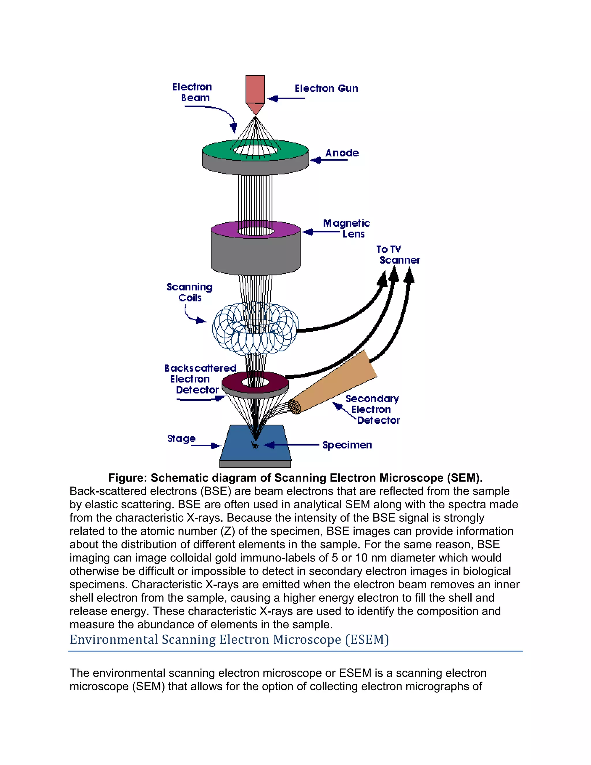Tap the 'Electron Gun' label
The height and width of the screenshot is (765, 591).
(326, 89)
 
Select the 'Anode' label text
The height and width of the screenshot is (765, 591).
(342, 153)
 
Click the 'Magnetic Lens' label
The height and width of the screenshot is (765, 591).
(346, 228)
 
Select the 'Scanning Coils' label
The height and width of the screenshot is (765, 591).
(189, 292)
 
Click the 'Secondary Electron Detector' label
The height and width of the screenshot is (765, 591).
(372, 409)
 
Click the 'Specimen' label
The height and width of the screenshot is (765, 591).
(347, 445)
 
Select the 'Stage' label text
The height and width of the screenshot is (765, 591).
(181, 439)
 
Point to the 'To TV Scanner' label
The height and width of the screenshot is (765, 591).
(398, 255)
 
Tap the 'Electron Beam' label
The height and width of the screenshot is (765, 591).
(192, 92)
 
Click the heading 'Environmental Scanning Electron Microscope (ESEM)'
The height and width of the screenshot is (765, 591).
(229, 640)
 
